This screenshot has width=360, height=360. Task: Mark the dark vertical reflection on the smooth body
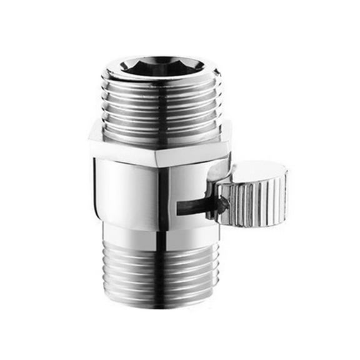point(163,194)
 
